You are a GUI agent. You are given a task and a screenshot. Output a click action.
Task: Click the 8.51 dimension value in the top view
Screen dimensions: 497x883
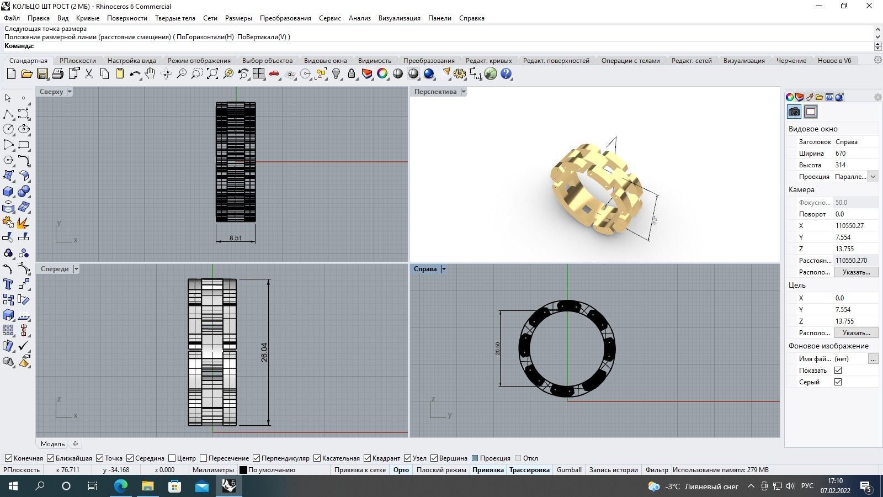236,239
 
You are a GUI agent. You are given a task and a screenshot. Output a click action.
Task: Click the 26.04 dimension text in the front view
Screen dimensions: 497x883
264,352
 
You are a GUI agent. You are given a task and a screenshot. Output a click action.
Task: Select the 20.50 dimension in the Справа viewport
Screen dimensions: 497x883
498,348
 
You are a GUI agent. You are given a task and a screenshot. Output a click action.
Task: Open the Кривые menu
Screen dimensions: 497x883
87,18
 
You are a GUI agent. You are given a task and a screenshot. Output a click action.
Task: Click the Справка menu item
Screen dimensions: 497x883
471,18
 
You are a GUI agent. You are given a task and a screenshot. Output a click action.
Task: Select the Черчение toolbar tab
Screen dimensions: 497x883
791,61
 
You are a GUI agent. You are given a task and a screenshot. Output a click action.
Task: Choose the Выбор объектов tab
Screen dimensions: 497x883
267,61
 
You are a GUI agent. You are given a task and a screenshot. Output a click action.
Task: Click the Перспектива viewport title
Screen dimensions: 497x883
435,92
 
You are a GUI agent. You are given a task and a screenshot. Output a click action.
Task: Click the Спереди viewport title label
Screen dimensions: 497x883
55,269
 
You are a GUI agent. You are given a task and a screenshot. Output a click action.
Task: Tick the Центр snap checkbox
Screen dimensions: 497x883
172,458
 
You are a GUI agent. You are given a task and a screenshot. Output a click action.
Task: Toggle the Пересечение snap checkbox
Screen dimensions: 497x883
204,458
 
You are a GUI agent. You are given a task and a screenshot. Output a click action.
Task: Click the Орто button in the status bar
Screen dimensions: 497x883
401,470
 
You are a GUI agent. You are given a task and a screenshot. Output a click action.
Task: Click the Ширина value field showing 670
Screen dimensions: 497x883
855,154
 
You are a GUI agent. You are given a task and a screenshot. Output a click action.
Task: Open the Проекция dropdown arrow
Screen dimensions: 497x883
873,177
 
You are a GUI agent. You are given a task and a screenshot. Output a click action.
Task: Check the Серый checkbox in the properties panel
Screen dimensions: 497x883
838,382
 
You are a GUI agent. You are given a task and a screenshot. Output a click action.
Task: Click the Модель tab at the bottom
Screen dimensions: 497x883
52,444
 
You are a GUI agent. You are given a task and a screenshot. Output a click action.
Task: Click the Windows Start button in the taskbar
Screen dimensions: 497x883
13,487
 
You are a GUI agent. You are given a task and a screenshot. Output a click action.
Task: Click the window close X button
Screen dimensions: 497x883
869,6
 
